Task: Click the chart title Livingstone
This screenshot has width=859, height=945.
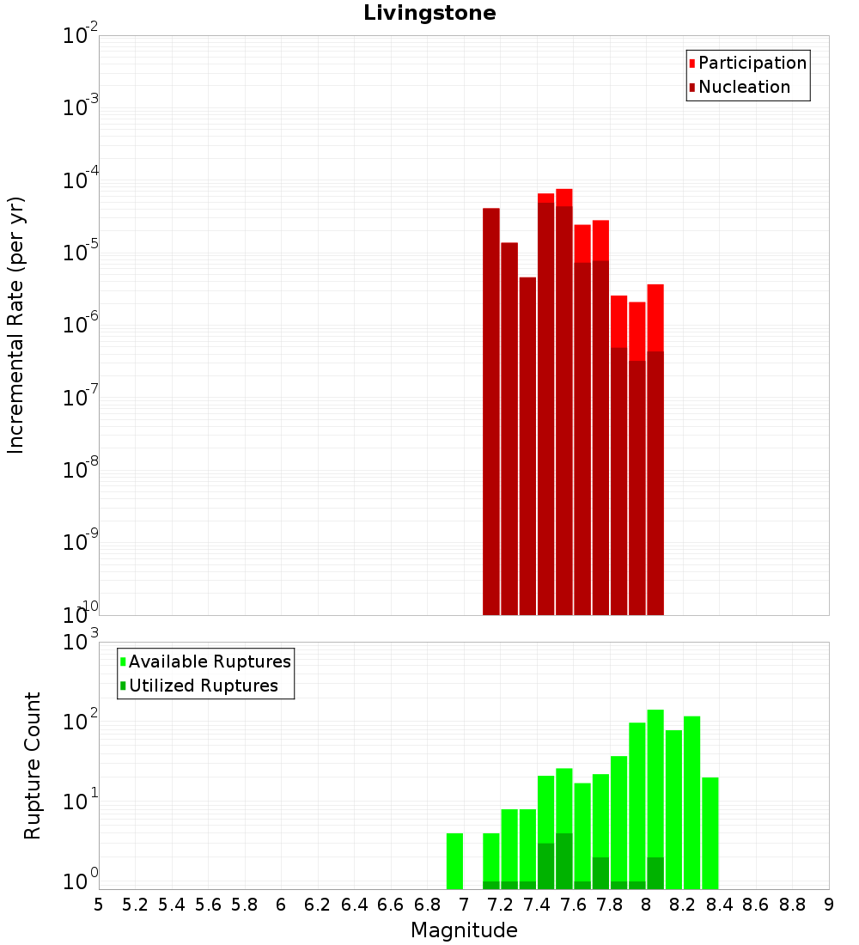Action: point(429,13)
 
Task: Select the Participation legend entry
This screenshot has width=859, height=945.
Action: point(746,63)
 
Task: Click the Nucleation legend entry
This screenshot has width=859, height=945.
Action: point(739,87)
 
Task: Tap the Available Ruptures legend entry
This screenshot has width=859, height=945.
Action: point(205,661)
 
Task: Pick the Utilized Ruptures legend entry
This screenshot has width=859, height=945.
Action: point(198,686)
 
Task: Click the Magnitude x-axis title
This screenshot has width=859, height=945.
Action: point(464,930)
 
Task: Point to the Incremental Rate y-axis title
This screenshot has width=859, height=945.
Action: point(15,325)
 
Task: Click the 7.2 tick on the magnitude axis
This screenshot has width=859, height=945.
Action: point(499,905)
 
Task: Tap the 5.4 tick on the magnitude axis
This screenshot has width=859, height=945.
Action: point(171,905)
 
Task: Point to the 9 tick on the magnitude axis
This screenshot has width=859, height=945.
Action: point(829,905)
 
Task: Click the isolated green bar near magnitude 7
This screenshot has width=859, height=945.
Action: point(454,861)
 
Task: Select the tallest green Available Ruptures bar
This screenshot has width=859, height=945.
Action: point(655,800)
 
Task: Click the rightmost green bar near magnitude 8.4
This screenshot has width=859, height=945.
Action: point(710,833)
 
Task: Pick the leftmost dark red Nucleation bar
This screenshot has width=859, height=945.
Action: point(491,412)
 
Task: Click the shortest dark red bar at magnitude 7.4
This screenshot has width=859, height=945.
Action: point(527,446)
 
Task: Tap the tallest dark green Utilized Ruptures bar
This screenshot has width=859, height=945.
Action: point(564,861)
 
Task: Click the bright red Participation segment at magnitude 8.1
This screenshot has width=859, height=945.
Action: point(655,318)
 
